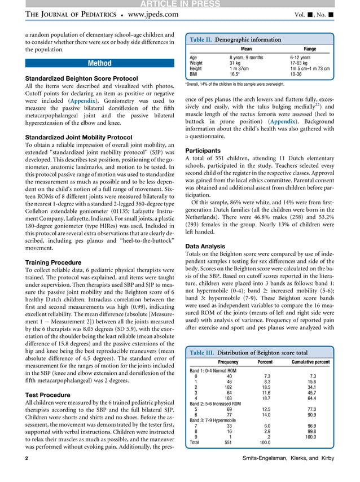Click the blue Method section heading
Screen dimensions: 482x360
tap(99, 63)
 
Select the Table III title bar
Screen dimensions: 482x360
tap(248, 353)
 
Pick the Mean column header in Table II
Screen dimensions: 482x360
tap(246, 49)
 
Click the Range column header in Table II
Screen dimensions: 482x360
tap(310, 49)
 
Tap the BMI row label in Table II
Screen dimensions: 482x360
tap(193, 74)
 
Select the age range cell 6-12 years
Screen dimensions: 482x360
tap(300, 58)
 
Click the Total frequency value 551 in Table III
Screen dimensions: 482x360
tap(229, 442)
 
